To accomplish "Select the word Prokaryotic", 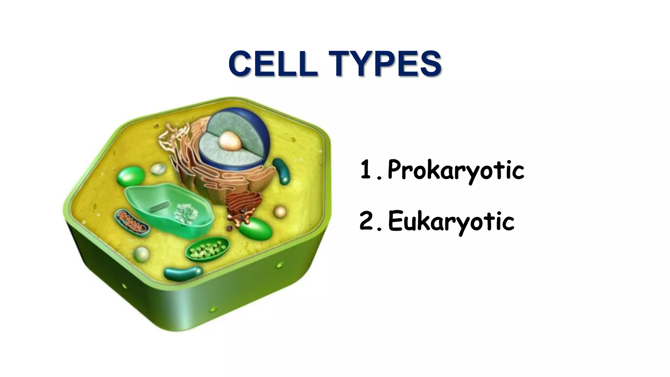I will pos(456,170).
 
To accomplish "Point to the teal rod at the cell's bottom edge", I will pos(183,274).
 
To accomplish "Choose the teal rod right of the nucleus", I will pos(282,171).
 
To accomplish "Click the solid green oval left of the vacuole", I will pos(131,177).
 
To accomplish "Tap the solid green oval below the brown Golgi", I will pos(256,229).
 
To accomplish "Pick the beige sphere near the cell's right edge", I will pos(280,212).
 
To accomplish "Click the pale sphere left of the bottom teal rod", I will pos(141,254).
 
